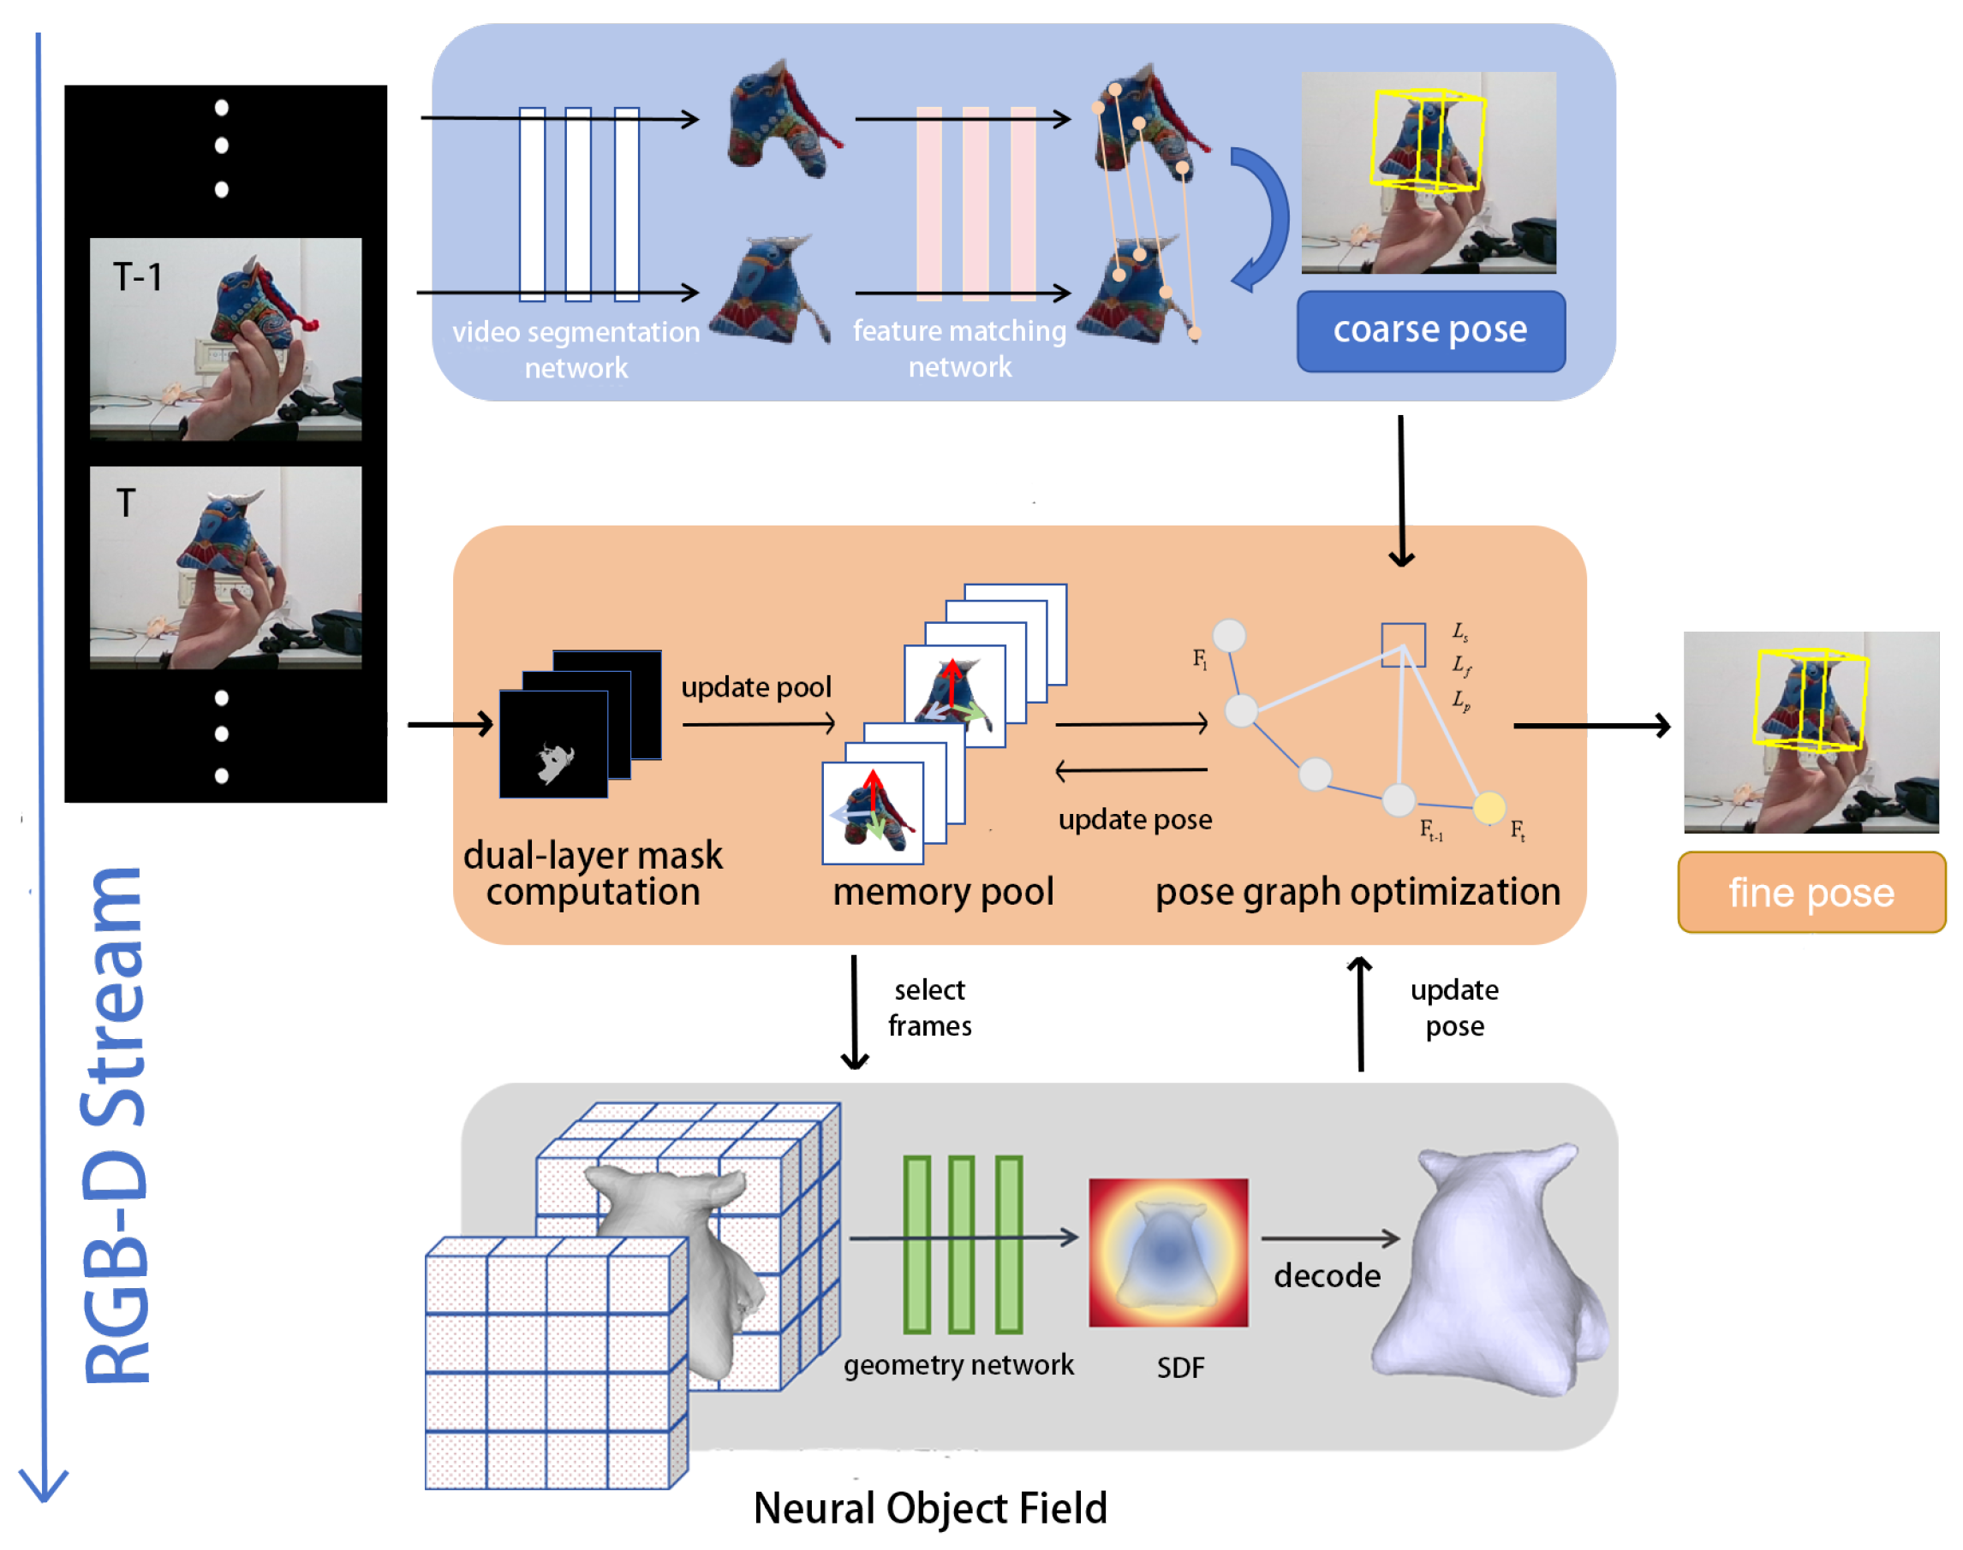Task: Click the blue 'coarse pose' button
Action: coord(1430,330)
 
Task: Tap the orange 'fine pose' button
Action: coord(1811,892)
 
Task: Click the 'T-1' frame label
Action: coord(137,276)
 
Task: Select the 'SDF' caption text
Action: coord(1179,1367)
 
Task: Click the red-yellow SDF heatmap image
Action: coord(1167,1252)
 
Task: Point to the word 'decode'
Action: coord(1327,1275)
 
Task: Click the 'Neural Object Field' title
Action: coord(930,1507)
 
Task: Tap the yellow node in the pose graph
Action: coord(1489,807)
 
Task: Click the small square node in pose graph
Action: coord(1403,644)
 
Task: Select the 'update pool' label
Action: coord(755,687)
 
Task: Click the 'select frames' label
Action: coord(929,1007)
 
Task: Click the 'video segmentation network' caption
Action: coord(576,349)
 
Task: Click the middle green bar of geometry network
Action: coord(962,1244)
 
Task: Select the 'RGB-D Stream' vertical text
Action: coord(116,1125)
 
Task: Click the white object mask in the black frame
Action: coord(555,761)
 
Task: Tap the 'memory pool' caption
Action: coord(942,891)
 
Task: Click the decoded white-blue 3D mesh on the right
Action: coord(1489,1270)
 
